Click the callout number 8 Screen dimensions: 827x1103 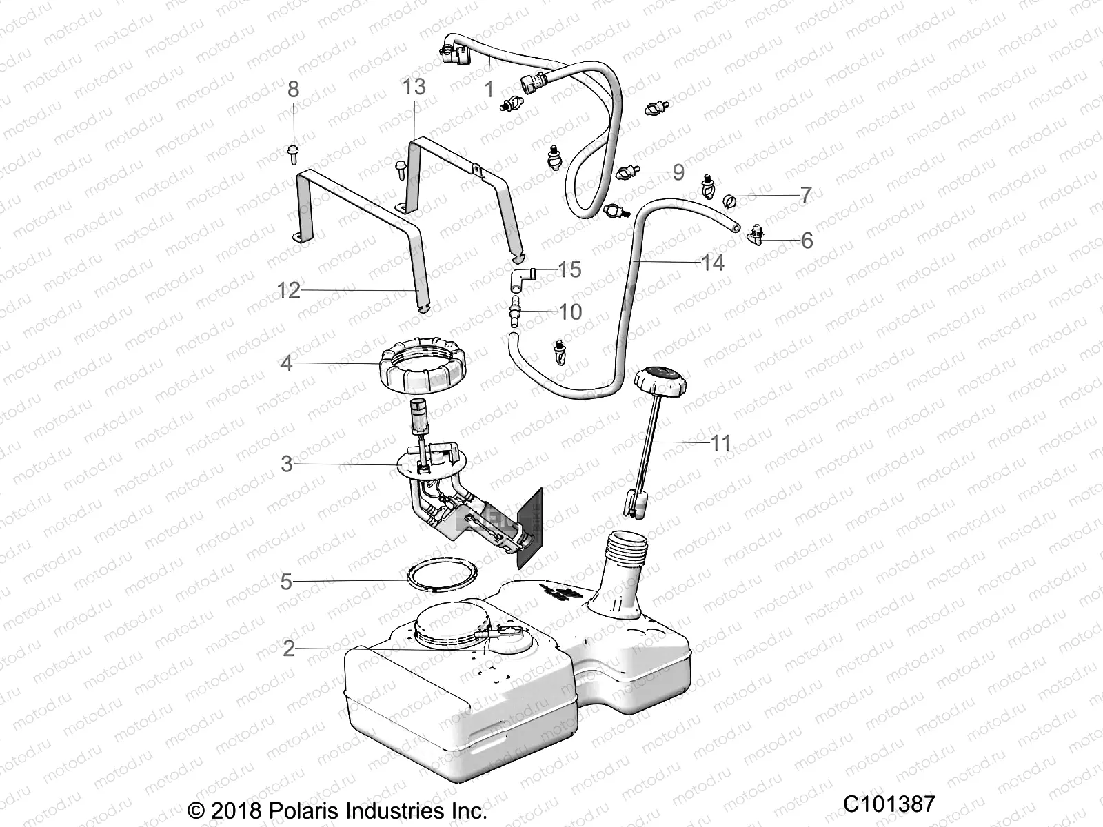point(294,90)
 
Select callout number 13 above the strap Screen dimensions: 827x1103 point(414,87)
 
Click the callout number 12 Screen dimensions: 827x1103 point(289,291)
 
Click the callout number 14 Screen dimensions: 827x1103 point(712,263)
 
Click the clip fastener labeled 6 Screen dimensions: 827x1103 point(756,234)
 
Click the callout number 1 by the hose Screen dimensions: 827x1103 point(489,90)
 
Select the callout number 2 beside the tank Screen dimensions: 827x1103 point(289,649)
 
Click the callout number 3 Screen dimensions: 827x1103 point(287,464)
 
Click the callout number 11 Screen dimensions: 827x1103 point(720,443)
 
